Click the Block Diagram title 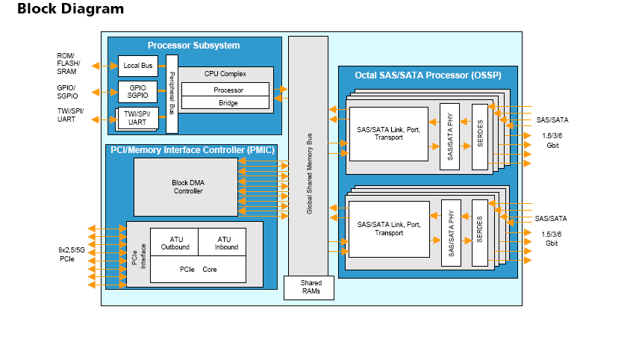[70, 10]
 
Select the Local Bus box [137, 66]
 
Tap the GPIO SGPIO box [137, 92]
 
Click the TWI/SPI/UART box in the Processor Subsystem [137, 117]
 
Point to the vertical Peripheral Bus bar [172, 93]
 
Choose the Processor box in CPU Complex [228, 90]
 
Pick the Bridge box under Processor [228, 103]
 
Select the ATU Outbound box [175, 243]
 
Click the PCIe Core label [198, 270]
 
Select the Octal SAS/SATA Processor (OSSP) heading [428, 75]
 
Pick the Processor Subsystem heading [193, 46]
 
